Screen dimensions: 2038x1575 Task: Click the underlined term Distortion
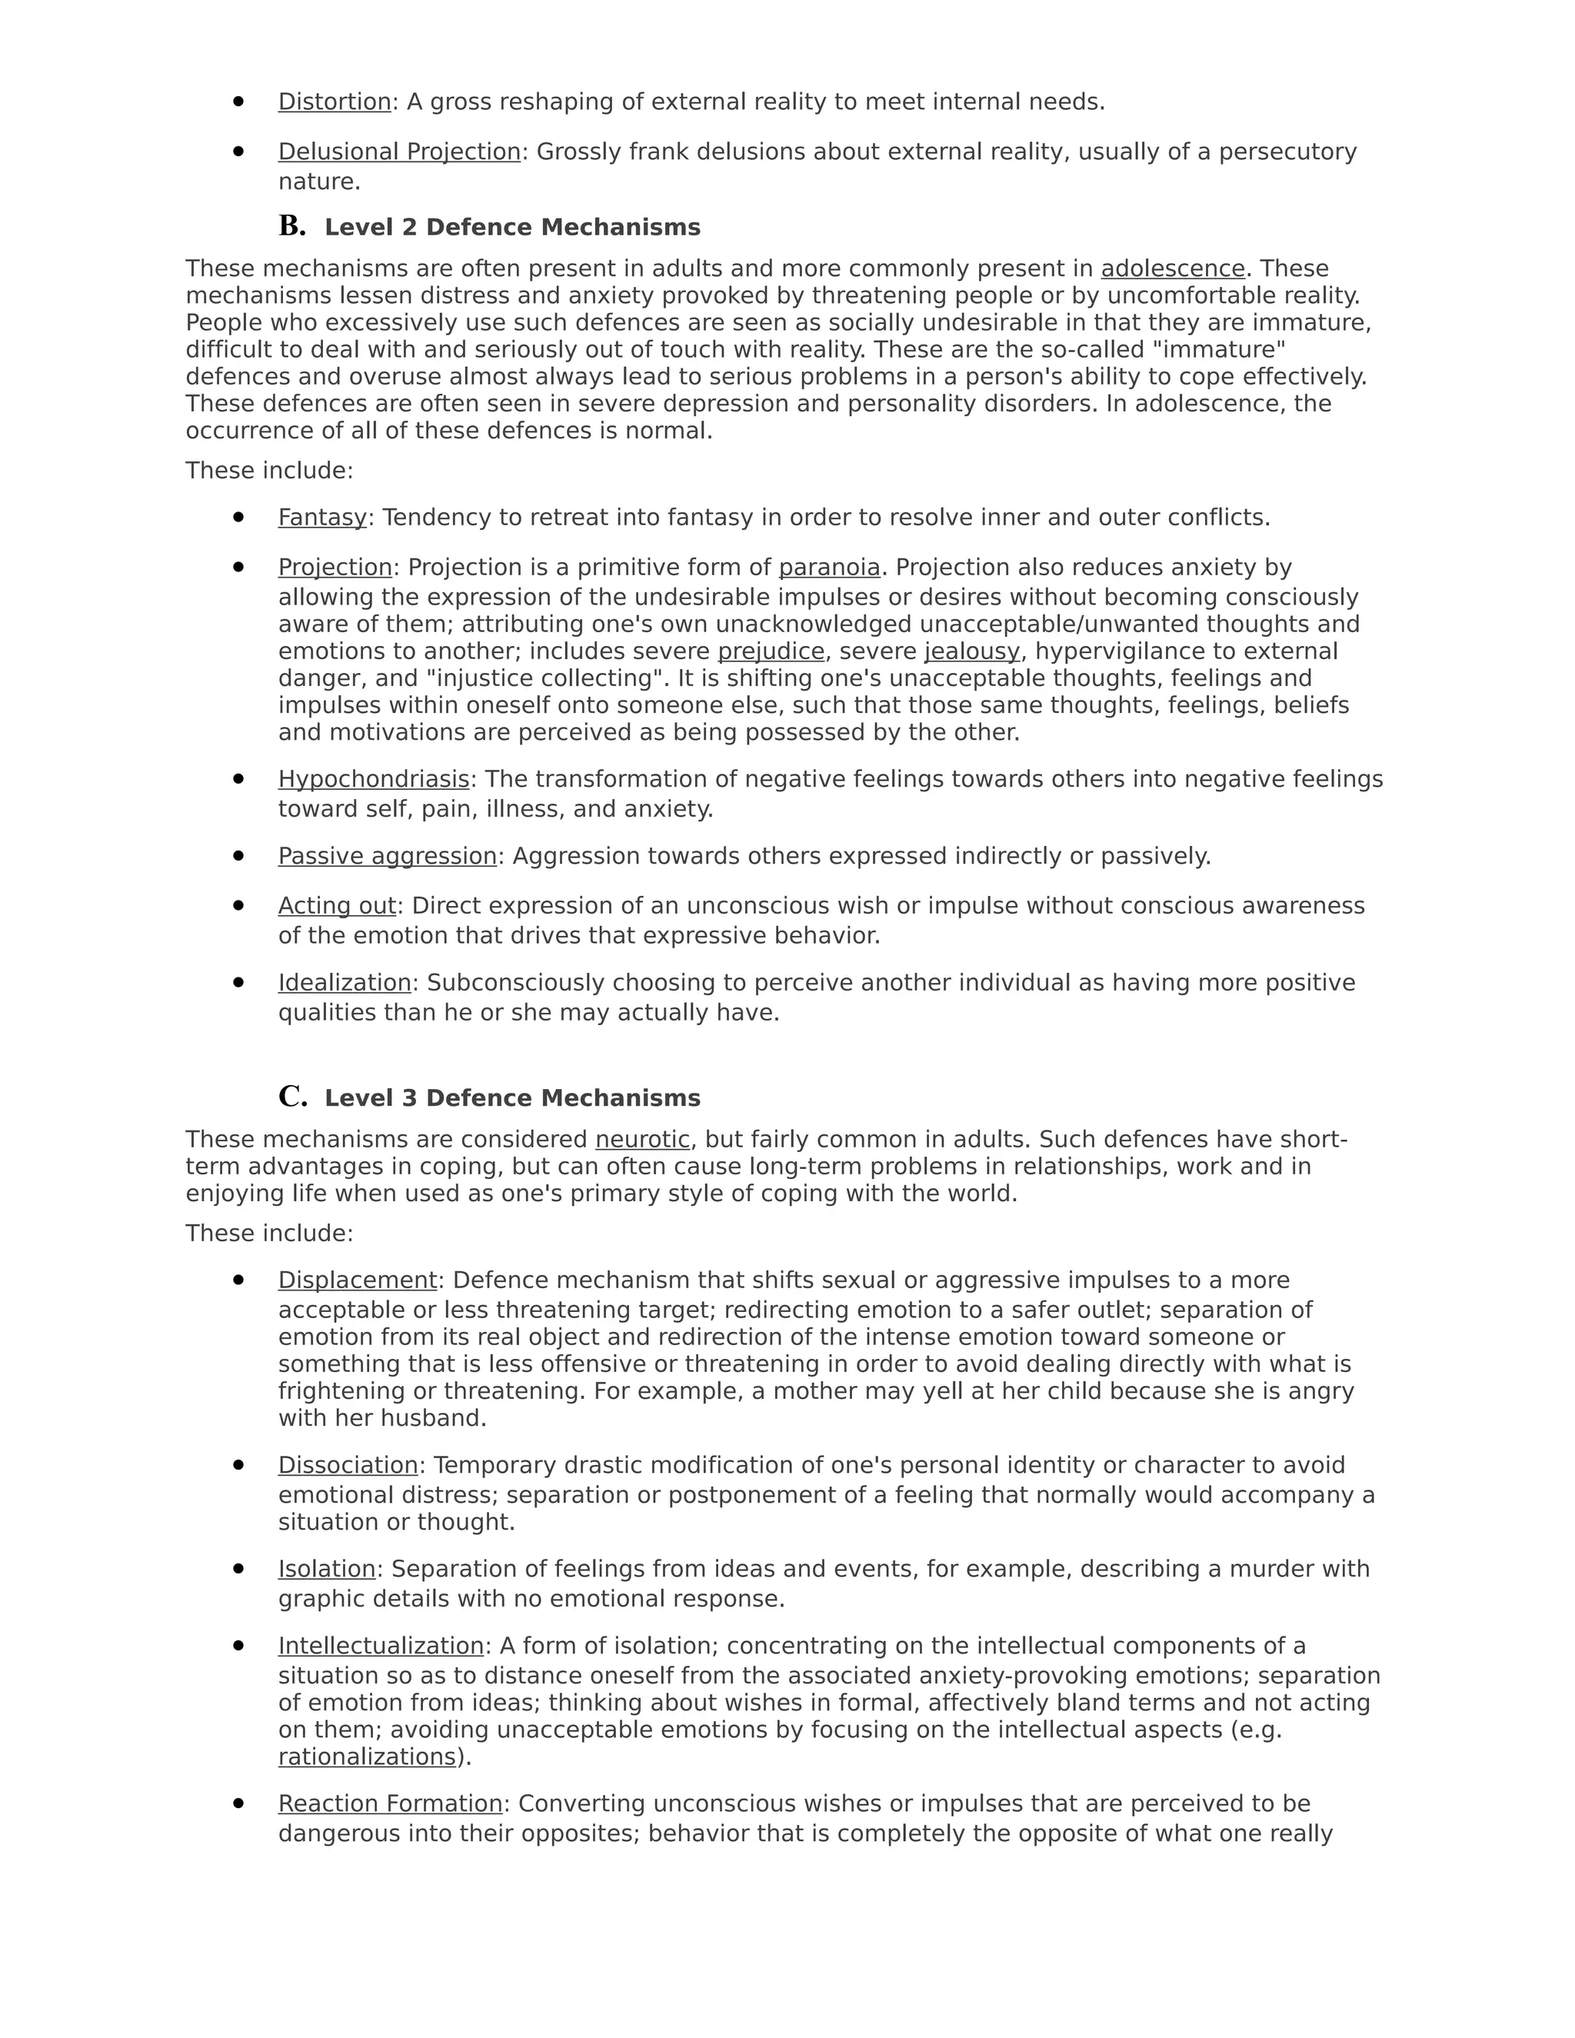coord(334,102)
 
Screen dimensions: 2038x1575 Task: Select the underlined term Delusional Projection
coord(398,152)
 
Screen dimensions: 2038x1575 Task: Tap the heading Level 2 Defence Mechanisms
coord(512,228)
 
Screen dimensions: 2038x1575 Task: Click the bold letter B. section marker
coord(292,226)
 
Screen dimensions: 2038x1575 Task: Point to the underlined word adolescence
coord(1173,268)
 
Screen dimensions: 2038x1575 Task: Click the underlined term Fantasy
coord(322,518)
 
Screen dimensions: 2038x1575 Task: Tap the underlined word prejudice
coord(771,651)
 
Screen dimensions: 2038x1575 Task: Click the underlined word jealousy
coord(971,651)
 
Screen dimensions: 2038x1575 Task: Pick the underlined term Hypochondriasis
coord(373,779)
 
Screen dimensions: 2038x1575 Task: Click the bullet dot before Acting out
coord(239,905)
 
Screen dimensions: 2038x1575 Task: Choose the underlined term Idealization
coord(345,984)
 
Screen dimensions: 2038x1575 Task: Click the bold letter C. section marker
coord(292,1097)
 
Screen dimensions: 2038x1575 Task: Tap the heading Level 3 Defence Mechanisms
coord(512,1098)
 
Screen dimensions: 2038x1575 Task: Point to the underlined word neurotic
coord(643,1140)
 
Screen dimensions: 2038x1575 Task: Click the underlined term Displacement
coord(358,1280)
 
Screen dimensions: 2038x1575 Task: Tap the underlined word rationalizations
coord(367,1757)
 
